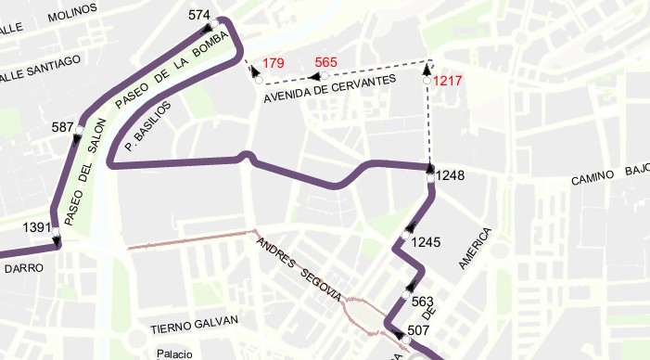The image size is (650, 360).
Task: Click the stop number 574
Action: [x=199, y=15]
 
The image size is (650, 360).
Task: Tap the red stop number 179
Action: [x=274, y=63]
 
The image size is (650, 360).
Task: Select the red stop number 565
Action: [x=325, y=62]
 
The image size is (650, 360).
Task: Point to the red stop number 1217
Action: [x=448, y=81]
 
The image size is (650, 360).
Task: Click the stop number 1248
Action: [x=450, y=174]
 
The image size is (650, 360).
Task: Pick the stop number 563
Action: [x=422, y=301]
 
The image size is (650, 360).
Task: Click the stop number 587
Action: [x=63, y=126]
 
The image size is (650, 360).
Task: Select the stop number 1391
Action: [x=35, y=226]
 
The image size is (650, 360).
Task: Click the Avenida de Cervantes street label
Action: [x=329, y=88]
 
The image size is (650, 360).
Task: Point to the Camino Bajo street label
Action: [x=609, y=174]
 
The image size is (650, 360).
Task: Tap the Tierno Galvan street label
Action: [x=195, y=324]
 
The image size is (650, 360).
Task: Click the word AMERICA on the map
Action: [x=473, y=248]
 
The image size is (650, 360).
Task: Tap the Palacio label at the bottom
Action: [x=174, y=354]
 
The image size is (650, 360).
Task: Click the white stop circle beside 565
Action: [x=325, y=75]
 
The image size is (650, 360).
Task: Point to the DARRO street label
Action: [x=19, y=268]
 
